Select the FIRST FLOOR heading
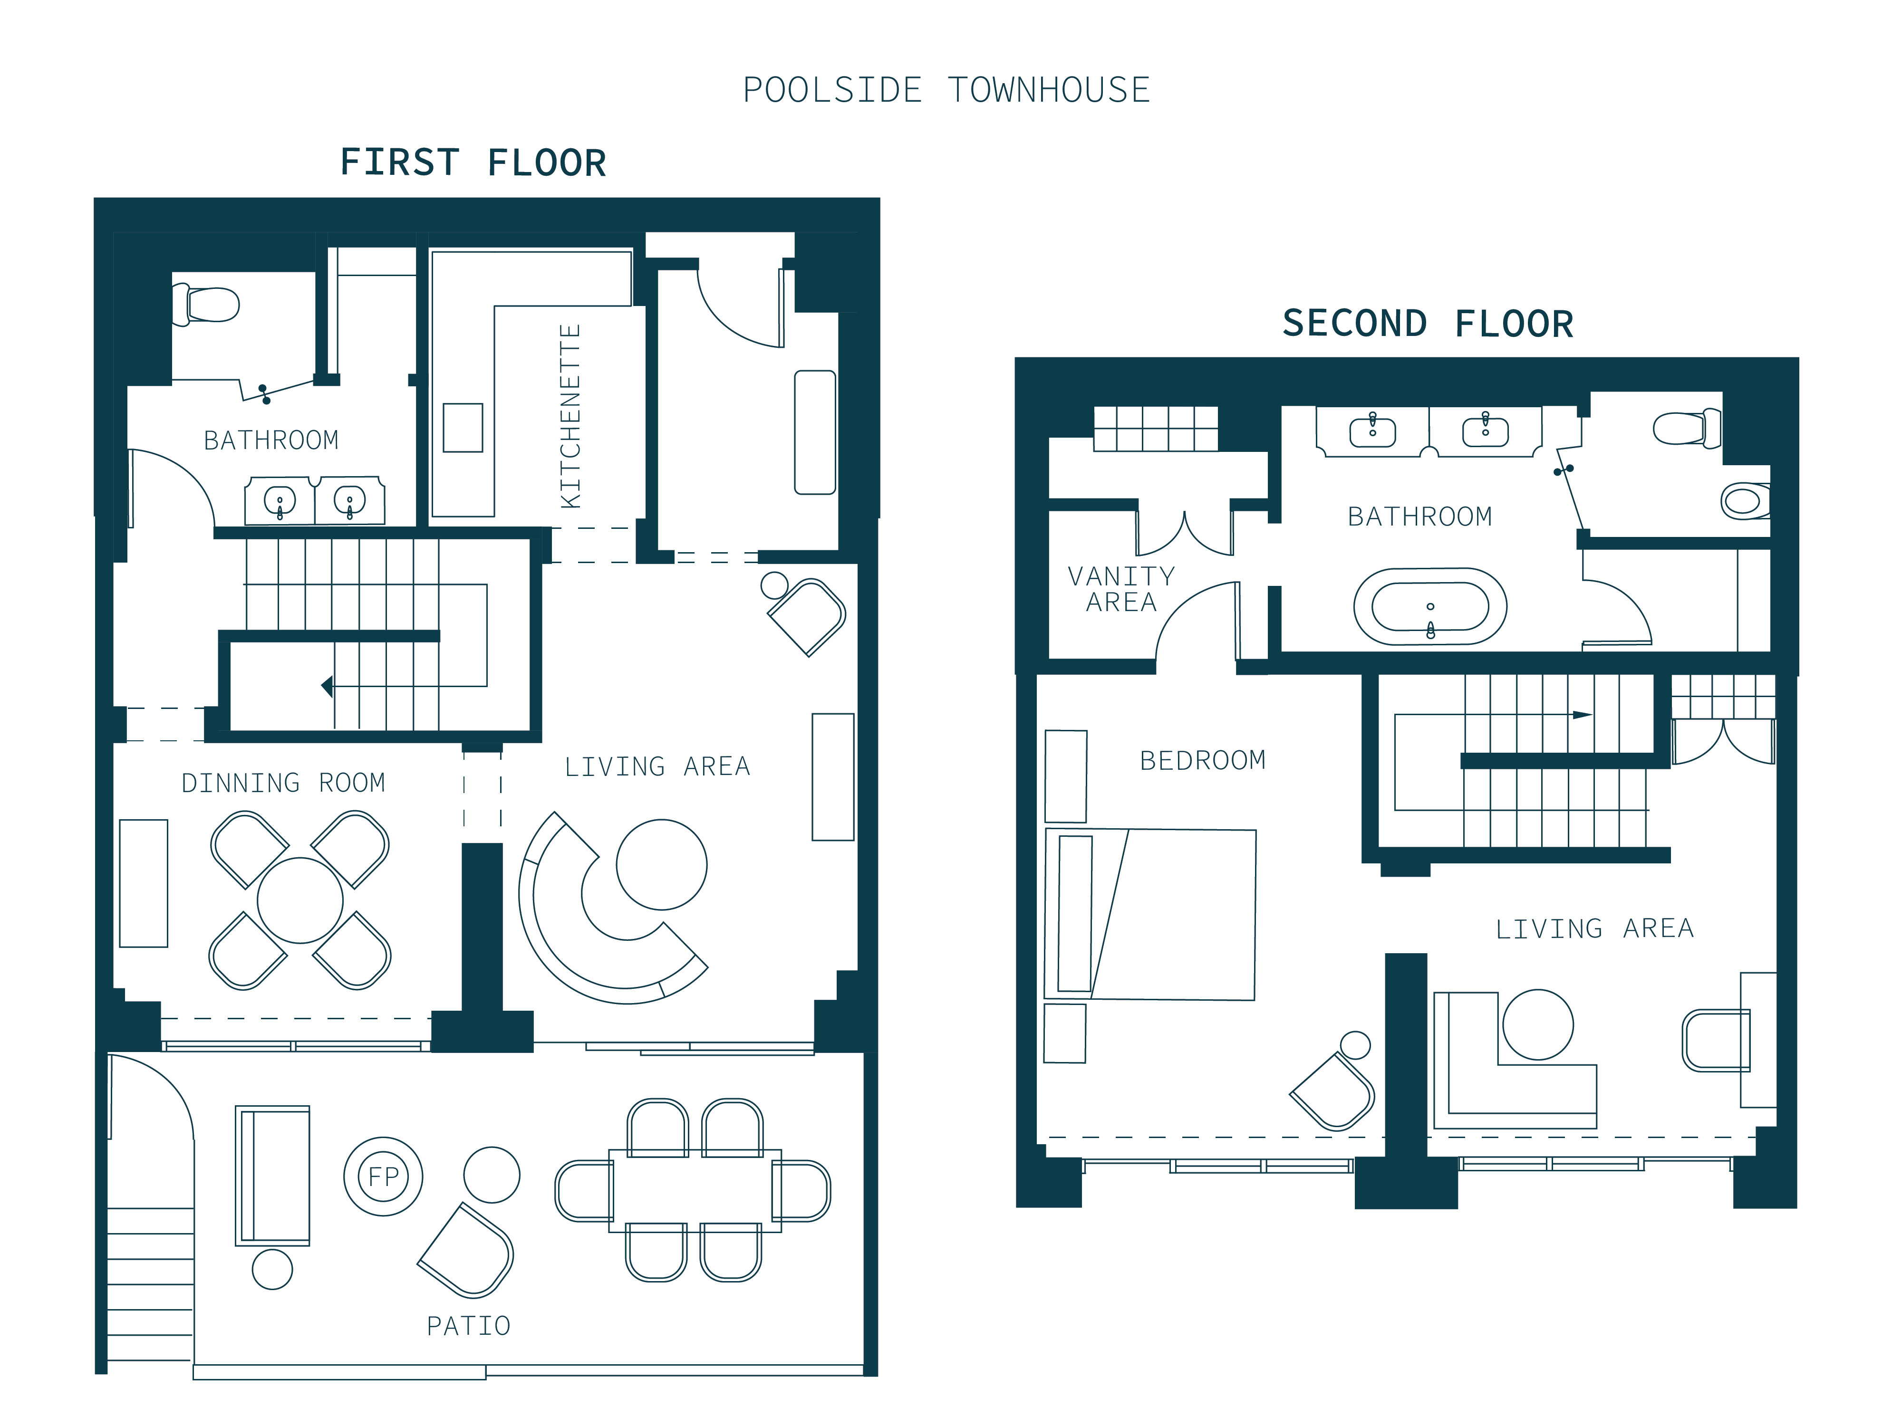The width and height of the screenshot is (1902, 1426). (474, 163)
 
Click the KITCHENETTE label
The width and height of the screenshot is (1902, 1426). (570, 416)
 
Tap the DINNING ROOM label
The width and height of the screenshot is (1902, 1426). (283, 783)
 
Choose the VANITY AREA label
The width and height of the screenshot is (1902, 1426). (1121, 589)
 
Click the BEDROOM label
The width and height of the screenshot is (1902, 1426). (1203, 761)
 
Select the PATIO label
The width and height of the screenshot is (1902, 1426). (469, 1326)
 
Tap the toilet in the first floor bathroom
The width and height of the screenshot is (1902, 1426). (206, 304)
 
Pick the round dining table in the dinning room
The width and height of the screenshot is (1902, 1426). (300, 901)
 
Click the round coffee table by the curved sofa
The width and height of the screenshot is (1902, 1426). (661, 865)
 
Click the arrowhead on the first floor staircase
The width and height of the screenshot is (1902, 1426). (327, 686)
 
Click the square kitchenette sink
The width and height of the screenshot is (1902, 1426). (463, 427)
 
